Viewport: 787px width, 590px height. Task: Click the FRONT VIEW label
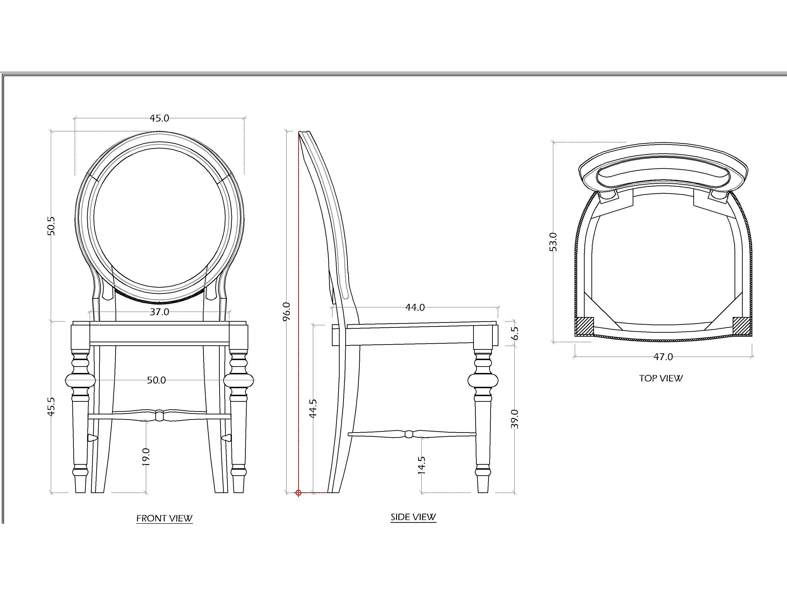[x=164, y=518]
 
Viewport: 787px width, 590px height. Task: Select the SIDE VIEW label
[x=413, y=517]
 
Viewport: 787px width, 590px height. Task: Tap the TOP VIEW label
[x=661, y=378]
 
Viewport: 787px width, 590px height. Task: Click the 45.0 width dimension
[x=160, y=118]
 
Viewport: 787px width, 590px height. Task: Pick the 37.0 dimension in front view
[x=160, y=312]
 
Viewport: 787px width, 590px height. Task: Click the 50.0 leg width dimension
[x=156, y=380]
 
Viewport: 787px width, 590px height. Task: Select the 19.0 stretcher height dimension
[x=146, y=457]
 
